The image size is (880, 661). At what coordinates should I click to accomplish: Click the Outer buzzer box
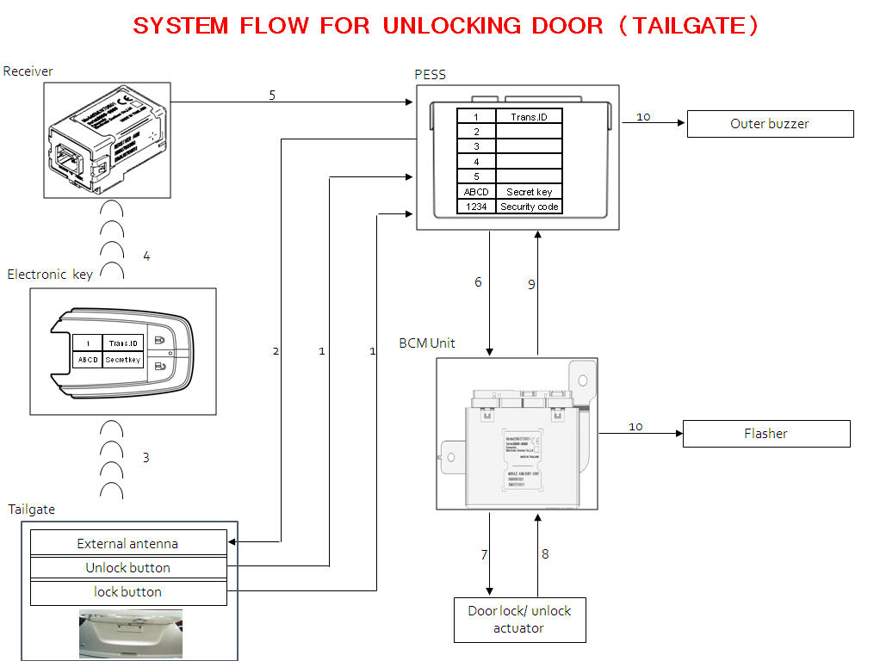[770, 124]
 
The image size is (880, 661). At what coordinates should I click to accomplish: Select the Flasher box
[765, 434]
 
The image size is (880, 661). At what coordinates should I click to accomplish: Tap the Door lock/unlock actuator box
[519, 620]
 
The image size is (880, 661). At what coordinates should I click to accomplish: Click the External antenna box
[127, 543]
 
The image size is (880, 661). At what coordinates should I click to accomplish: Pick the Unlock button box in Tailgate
[127, 567]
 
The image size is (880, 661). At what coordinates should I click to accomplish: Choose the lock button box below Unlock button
[127, 592]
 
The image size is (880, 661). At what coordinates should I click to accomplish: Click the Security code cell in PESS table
[530, 207]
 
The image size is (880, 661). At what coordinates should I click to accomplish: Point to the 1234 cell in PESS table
[476, 207]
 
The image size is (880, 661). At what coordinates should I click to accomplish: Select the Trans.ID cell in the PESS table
[530, 116]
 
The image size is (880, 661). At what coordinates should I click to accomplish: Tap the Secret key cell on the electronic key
[123, 360]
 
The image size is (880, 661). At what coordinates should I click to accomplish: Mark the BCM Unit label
[427, 343]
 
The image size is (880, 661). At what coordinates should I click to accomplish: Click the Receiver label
[28, 71]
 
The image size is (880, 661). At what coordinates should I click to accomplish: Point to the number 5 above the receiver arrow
[272, 95]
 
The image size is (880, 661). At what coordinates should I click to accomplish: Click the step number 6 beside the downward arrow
[478, 282]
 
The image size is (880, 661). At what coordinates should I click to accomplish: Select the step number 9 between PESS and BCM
[531, 284]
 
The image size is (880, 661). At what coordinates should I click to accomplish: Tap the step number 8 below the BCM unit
[545, 554]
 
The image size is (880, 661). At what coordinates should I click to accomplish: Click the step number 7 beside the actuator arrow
[484, 554]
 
